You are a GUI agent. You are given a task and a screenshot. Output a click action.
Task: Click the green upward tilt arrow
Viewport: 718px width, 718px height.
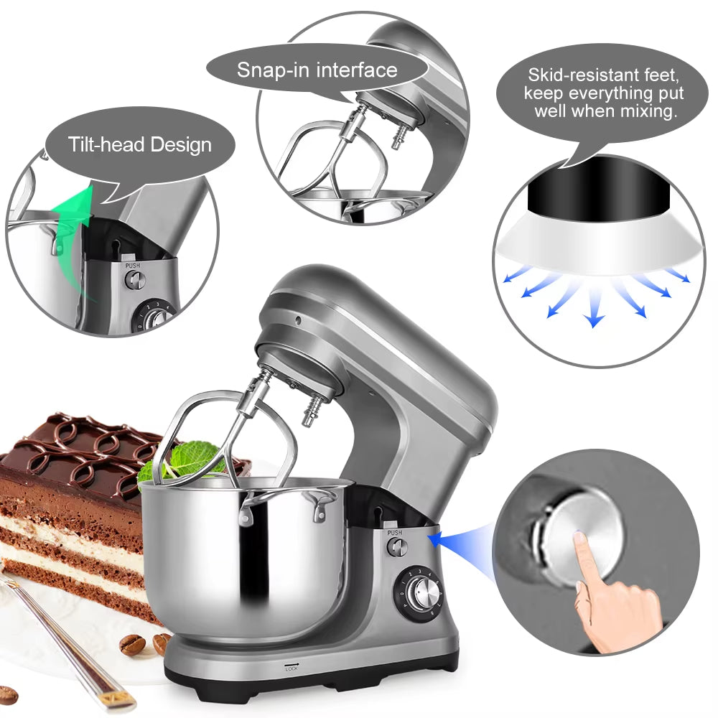[73, 238]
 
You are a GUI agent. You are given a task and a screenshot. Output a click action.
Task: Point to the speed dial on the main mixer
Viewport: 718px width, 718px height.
[419, 594]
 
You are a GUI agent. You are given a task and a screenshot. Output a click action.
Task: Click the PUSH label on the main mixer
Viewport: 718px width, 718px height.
[395, 533]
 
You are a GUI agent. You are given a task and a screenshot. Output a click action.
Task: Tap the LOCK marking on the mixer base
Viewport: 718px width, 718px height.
[292, 668]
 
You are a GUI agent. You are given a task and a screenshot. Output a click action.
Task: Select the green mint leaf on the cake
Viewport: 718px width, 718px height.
[192, 458]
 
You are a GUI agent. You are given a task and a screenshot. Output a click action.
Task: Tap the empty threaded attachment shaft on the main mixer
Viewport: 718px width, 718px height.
[312, 409]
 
